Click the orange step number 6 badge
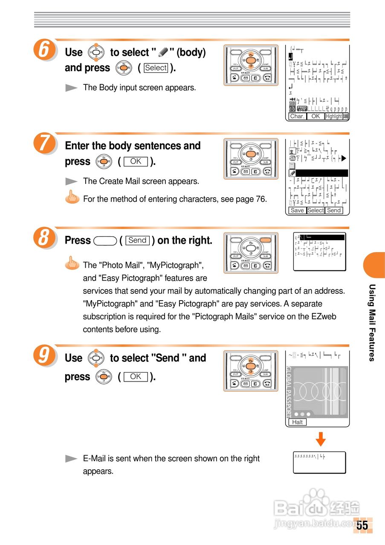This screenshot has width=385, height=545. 43,50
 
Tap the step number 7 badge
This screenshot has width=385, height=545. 43,144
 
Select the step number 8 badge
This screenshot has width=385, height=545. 43,238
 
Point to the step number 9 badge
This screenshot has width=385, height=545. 43,356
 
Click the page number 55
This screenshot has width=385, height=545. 362,525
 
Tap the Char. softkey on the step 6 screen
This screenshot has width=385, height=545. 297,116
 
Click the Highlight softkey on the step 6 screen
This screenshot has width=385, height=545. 333,116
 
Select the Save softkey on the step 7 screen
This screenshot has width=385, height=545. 297,210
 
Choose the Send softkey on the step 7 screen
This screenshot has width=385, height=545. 334,210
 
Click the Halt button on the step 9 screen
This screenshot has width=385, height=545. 298,422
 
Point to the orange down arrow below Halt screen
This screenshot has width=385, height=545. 321,439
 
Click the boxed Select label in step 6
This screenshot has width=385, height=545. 156,68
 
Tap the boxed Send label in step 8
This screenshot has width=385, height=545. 137,241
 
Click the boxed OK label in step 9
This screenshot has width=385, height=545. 136,377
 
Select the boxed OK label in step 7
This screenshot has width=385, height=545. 136,162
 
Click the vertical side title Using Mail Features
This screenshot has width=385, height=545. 372,322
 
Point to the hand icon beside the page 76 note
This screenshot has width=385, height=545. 72,198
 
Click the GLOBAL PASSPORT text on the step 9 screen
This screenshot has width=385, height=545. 289,392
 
